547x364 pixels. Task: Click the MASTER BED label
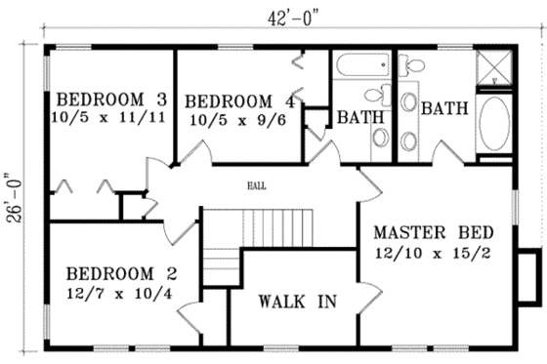pyautogui.click(x=433, y=233)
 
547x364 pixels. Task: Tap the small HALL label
pyautogui.click(x=258, y=182)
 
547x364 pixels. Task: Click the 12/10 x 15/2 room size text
pyautogui.click(x=434, y=254)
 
